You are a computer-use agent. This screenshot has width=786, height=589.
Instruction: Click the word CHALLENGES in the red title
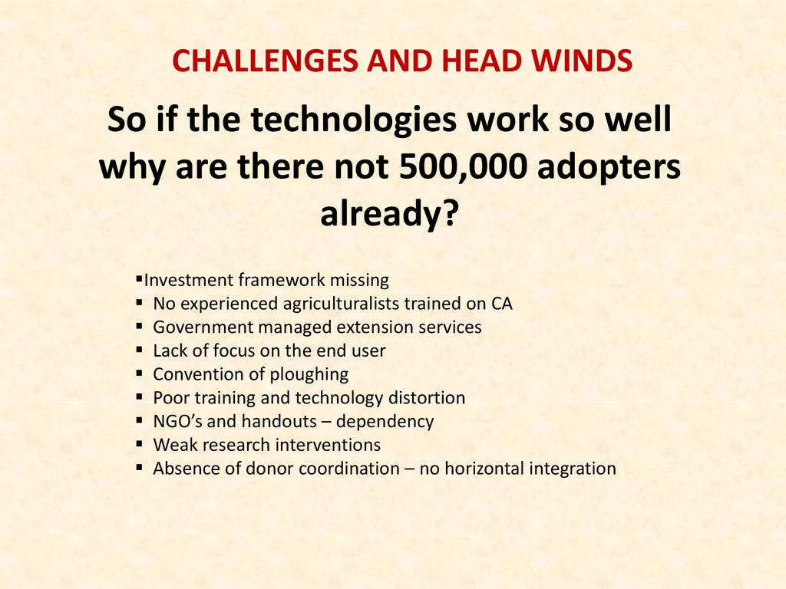tap(265, 61)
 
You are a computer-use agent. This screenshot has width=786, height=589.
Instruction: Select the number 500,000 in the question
tap(463, 166)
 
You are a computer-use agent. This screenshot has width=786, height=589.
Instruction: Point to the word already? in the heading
tap(389, 213)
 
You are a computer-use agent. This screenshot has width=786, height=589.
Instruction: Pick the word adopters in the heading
tap(609, 167)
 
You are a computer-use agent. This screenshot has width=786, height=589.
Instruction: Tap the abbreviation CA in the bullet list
tap(501, 304)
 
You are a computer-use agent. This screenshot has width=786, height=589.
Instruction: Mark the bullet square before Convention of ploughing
tap(140, 373)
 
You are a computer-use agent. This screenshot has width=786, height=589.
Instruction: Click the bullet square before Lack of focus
tap(140, 350)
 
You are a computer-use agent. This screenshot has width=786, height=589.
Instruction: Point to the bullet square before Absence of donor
tap(140, 468)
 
